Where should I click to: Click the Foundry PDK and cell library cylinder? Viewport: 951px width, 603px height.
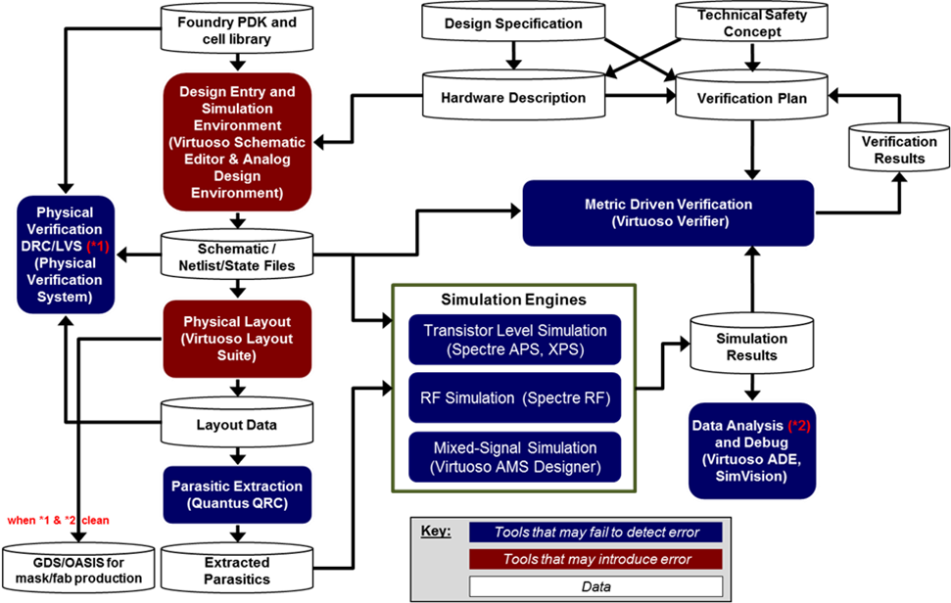[238, 30]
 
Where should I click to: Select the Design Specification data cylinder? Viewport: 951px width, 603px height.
[512, 23]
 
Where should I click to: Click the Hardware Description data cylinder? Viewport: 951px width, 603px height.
[512, 97]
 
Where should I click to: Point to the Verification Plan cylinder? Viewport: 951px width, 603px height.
[751, 98]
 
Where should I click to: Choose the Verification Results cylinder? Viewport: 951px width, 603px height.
[898, 150]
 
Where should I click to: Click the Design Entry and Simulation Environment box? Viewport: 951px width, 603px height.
[237, 142]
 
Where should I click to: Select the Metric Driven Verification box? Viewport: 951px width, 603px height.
[668, 212]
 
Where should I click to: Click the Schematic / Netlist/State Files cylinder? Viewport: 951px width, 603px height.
[237, 256]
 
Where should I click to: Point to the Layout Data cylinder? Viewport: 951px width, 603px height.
[237, 425]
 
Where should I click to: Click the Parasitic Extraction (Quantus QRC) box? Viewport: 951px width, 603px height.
[237, 494]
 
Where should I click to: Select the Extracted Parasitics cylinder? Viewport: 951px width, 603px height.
[237, 570]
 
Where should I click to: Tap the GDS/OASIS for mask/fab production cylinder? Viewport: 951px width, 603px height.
[77, 570]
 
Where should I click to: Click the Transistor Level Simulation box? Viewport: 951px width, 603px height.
[515, 340]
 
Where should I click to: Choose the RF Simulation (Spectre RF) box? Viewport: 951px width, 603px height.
[515, 398]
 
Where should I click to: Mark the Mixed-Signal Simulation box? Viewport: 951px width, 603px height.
[515, 457]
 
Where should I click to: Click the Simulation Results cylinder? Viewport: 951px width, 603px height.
[751, 346]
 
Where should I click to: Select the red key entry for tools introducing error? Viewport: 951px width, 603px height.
[596, 559]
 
